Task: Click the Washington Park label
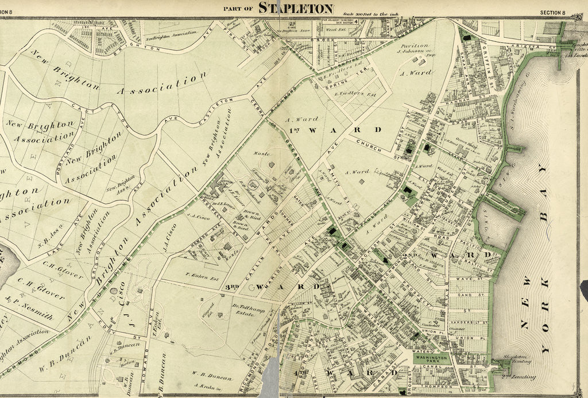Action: [434, 358]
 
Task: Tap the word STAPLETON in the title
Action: [296, 7]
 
